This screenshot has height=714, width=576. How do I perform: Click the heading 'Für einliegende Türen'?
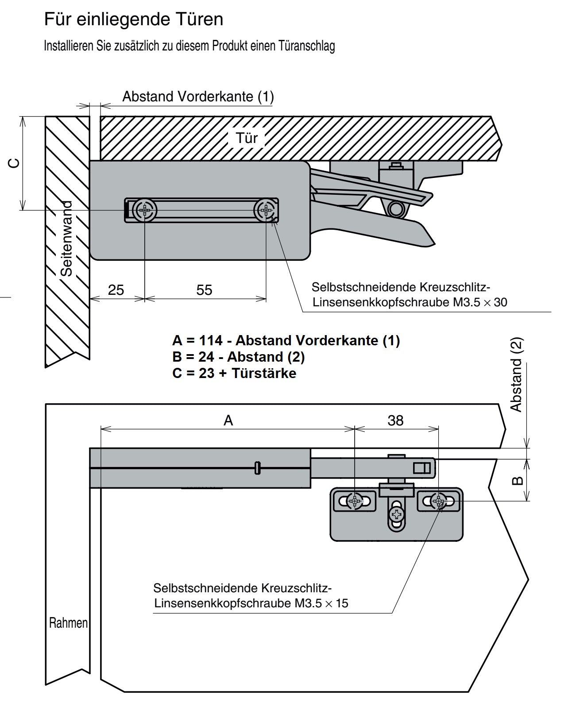coord(133,19)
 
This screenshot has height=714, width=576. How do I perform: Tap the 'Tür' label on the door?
coord(247,138)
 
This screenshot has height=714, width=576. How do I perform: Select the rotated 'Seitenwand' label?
coord(66,239)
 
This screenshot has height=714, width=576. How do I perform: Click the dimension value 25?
coord(116,290)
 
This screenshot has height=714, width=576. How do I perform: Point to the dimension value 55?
coord(204,290)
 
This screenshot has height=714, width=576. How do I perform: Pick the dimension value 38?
coord(395,420)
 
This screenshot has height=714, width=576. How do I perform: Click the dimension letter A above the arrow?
coord(228,420)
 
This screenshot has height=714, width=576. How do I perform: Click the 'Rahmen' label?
coord(68,623)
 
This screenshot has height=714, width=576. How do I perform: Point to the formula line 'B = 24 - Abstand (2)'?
coord(238,357)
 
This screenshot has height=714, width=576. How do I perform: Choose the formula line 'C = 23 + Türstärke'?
coord(234,373)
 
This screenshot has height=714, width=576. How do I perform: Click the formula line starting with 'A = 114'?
coord(286,340)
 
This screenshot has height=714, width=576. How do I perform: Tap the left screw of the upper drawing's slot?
coord(145,210)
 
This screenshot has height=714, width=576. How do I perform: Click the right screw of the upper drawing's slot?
coord(266,210)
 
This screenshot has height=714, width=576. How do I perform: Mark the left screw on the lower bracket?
coord(355,501)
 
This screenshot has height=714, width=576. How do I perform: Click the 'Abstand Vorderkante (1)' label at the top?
coord(198,96)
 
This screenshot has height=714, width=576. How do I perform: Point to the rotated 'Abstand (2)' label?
coord(517,374)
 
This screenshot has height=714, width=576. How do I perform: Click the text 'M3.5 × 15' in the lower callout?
coord(320,603)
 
